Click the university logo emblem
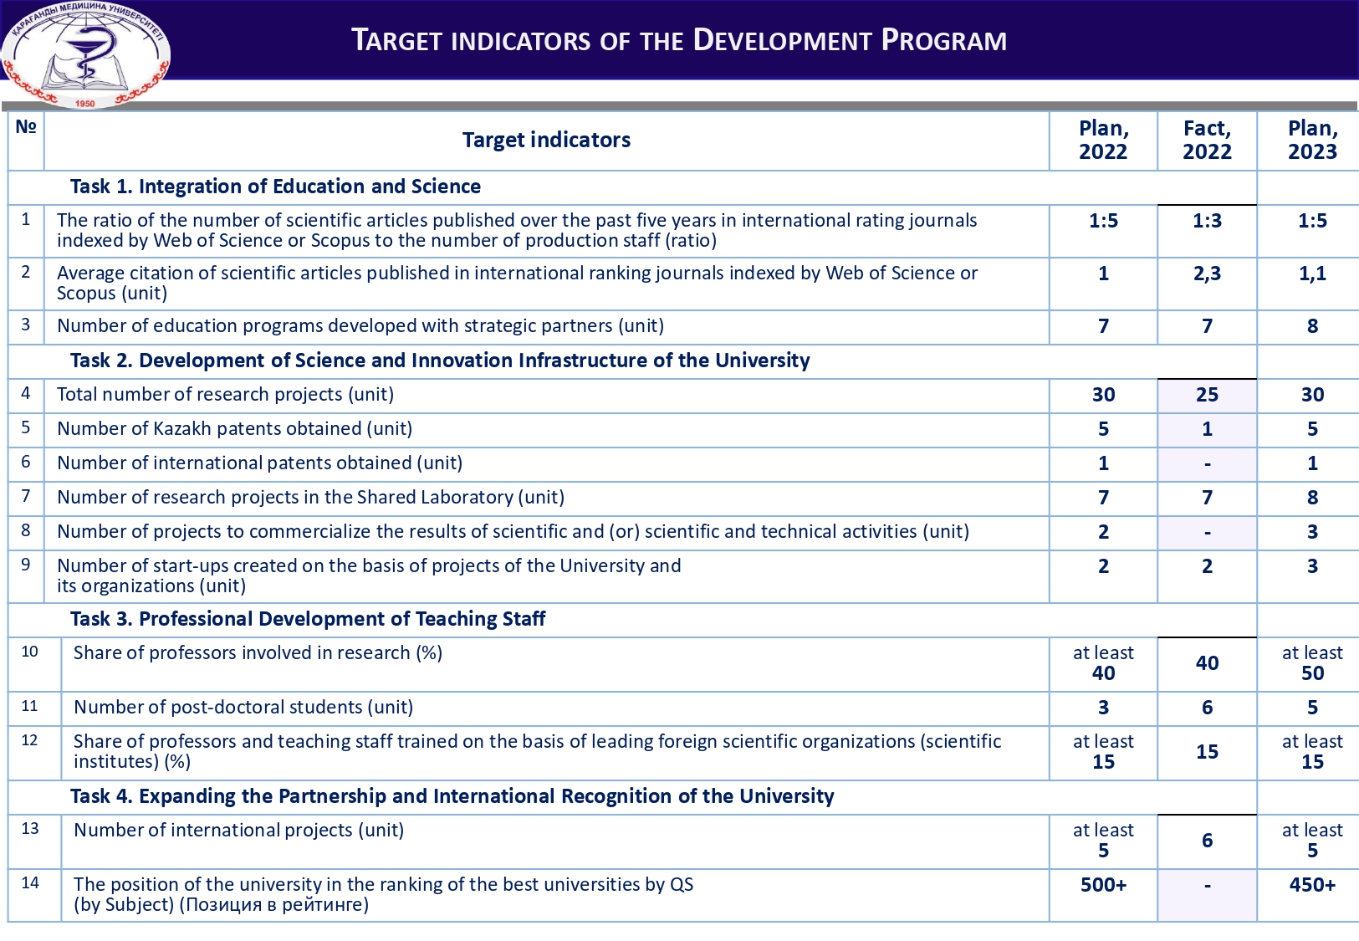[x=85, y=54]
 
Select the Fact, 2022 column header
[x=1207, y=141]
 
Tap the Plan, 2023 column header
[x=1312, y=141]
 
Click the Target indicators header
[x=546, y=141]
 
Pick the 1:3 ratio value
[x=1207, y=221]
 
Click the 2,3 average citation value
[x=1207, y=274]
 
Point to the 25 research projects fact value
[x=1207, y=395]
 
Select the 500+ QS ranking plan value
[x=1103, y=885]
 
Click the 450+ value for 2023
[x=1312, y=885]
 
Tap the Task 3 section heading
[x=308, y=619]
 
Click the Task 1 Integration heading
[x=275, y=187]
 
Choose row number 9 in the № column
[x=26, y=565]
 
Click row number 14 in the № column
[x=30, y=883]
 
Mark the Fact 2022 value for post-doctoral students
[x=1207, y=708]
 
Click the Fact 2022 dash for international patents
[x=1207, y=463]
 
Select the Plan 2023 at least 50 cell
[x=1312, y=663]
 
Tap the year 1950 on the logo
[x=85, y=104]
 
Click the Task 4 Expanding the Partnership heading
[x=452, y=796]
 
